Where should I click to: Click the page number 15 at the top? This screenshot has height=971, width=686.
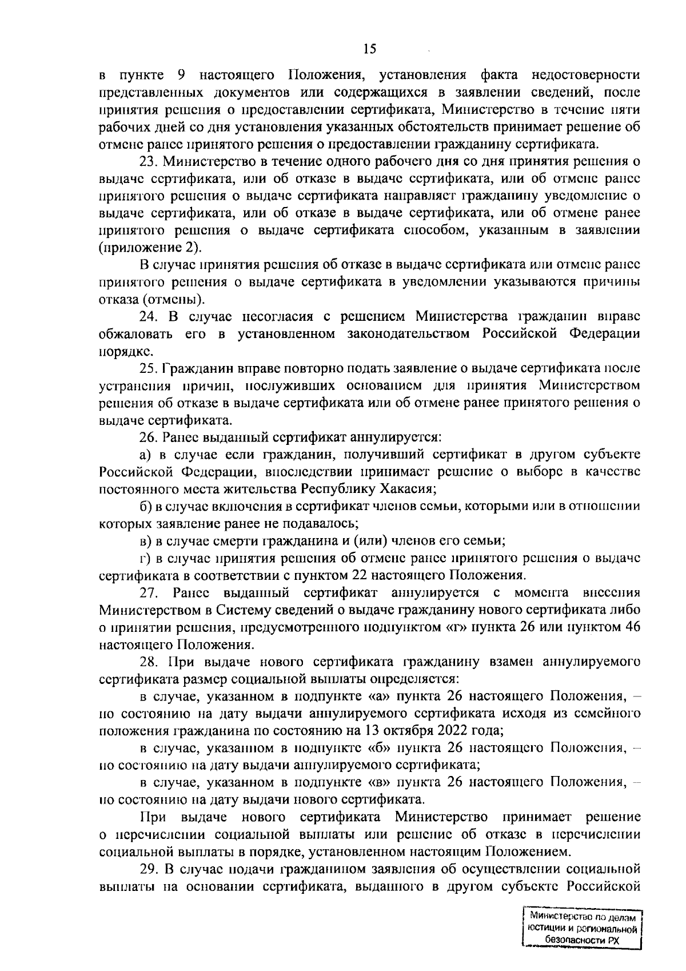[370, 50]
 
